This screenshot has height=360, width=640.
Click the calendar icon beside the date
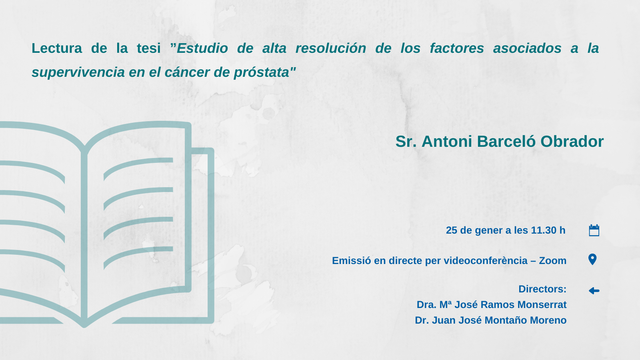pyautogui.click(x=594, y=230)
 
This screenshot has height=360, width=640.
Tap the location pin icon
pyautogui.click(x=592, y=260)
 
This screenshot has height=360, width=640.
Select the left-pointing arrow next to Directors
pyautogui.click(x=594, y=291)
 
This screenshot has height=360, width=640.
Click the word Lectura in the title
pyautogui.click(x=56, y=48)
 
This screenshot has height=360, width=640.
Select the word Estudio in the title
pyautogui.click(x=202, y=48)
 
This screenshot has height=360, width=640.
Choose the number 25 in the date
pyautogui.click(x=452, y=230)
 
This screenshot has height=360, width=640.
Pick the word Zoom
pyautogui.click(x=552, y=260)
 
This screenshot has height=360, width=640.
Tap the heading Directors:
pyautogui.click(x=542, y=289)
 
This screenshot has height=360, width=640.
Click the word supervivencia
pyautogui.click(x=78, y=72)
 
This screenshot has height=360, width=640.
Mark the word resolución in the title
pyautogui.click(x=330, y=48)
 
